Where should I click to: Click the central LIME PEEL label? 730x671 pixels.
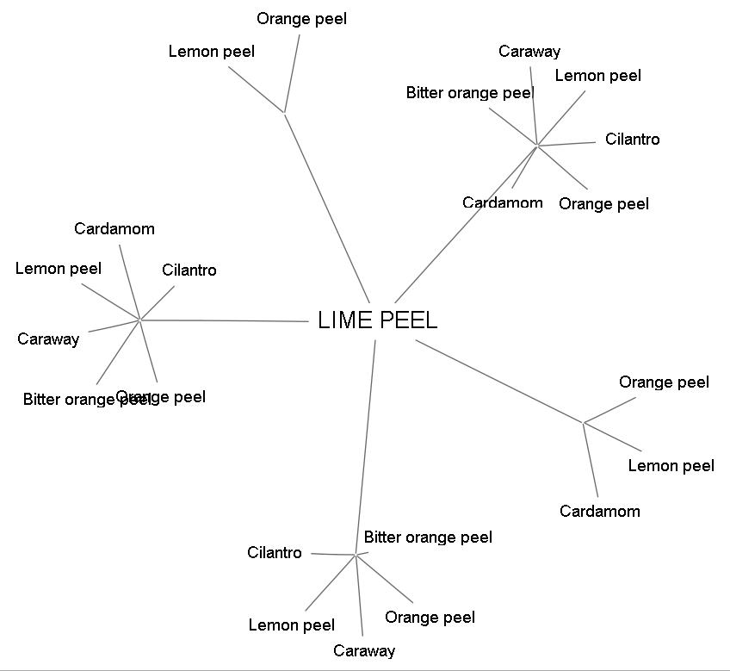377,320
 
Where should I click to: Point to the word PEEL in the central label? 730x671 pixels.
408,320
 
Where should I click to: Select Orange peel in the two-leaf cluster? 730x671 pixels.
301,19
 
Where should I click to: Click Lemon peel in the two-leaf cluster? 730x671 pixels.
211,52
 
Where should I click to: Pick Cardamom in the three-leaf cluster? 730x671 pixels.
599,512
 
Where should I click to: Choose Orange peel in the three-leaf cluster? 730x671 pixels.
664,382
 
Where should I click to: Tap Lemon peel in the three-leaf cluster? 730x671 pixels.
671,466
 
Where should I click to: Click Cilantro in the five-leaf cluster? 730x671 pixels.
274,553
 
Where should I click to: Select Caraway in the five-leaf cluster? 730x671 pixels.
363,651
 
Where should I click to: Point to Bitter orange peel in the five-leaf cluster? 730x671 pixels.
428,537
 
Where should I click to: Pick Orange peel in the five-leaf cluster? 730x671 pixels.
430,618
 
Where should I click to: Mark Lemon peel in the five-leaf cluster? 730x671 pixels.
291,625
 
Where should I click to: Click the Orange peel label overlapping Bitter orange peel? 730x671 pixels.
172,397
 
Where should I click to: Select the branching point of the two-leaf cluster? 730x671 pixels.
284,111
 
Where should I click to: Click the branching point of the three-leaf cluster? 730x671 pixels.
584,423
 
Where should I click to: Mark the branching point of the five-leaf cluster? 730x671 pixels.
356,555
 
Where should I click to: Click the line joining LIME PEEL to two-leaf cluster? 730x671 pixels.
327,207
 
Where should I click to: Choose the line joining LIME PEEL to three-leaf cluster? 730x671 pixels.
499,382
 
